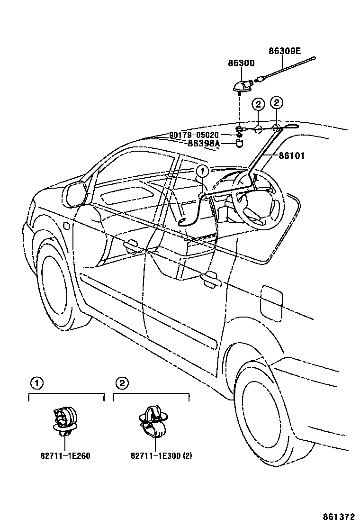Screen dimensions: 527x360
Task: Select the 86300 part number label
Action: [241, 63]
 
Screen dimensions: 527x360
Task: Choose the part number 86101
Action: [292, 155]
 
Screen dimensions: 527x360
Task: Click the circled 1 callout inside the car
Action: [202, 171]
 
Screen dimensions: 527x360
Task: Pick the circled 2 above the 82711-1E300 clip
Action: [122, 382]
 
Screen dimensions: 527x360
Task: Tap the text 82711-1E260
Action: [65, 456]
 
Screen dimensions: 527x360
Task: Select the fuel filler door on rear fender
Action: [271, 302]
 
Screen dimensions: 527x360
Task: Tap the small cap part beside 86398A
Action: [241, 143]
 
